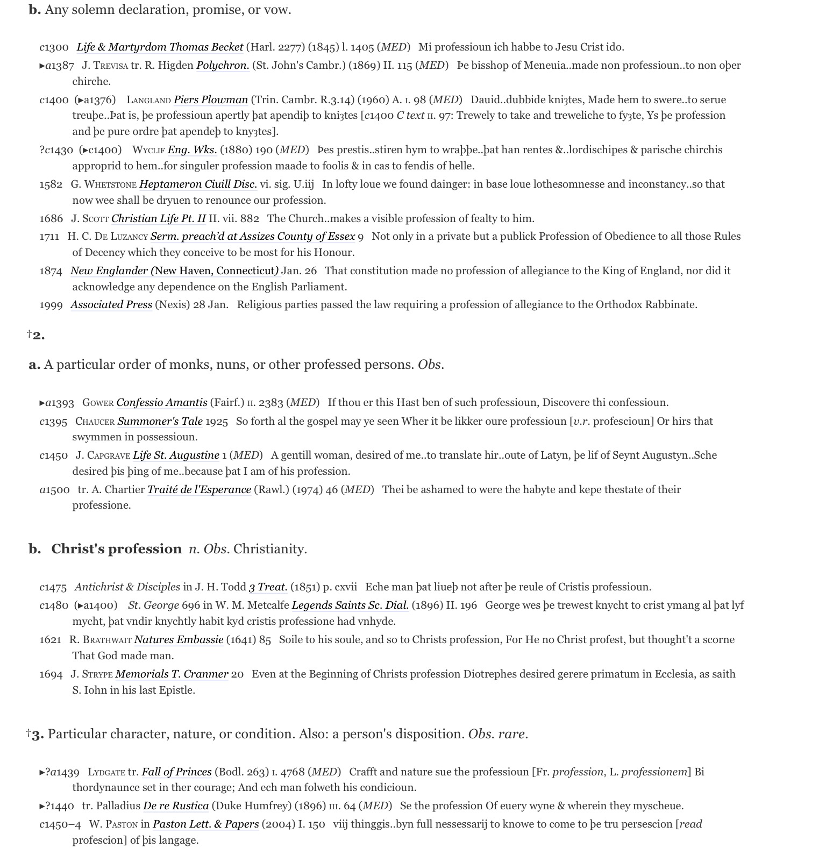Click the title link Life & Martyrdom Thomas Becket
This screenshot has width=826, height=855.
click(160, 47)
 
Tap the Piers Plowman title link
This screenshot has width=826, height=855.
click(211, 100)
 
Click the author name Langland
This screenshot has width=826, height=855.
click(148, 100)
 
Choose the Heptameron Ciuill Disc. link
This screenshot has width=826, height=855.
click(198, 184)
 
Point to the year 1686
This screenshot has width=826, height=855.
click(51, 219)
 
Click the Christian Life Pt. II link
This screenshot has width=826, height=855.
click(158, 219)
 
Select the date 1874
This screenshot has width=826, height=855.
click(51, 271)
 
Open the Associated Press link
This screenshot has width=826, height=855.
click(111, 305)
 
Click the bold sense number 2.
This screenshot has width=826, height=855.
click(38, 336)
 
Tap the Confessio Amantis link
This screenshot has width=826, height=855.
click(162, 403)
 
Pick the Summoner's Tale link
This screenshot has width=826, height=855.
click(160, 422)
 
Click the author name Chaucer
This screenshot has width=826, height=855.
click(95, 422)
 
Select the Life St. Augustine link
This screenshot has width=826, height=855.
click(176, 455)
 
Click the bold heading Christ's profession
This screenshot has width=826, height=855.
click(116, 549)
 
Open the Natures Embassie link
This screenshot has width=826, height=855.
click(179, 640)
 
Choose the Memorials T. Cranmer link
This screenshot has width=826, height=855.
click(172, 674)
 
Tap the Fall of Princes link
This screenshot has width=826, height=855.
click(176, 772)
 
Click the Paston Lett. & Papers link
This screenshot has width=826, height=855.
click(205, 824)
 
